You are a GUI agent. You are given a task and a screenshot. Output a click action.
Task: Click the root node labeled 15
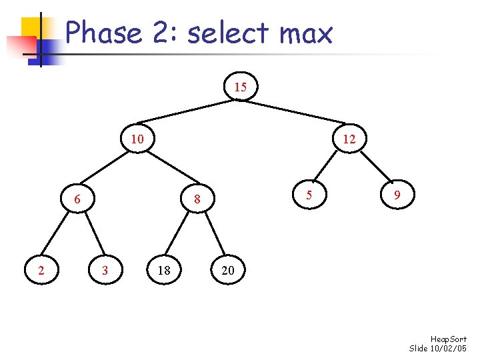click(x=240, y=87)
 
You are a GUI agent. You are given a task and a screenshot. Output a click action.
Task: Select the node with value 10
click(x=137, y=139)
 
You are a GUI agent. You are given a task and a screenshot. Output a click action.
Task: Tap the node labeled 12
click(x=349, y=139)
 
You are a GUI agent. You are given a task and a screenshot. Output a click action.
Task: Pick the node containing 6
click(x=77, y=199)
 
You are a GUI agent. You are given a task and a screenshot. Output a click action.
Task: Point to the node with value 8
click(x=197, y=199)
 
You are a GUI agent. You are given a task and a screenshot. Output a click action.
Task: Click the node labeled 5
click(x=308, y=195)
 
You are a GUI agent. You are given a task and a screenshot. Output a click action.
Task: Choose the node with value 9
click(x=397, y=195)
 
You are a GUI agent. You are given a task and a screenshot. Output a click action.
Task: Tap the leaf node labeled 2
click(x=41, y=270)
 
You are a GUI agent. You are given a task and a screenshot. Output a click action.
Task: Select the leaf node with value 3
click(x=104, y=270)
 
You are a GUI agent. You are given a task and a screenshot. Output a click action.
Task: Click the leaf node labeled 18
click(x=164, y=270)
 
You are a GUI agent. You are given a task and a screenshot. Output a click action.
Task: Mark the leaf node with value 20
click(x=228, y=270)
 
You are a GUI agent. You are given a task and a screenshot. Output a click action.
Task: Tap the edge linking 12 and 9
click(x=373, y=168)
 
